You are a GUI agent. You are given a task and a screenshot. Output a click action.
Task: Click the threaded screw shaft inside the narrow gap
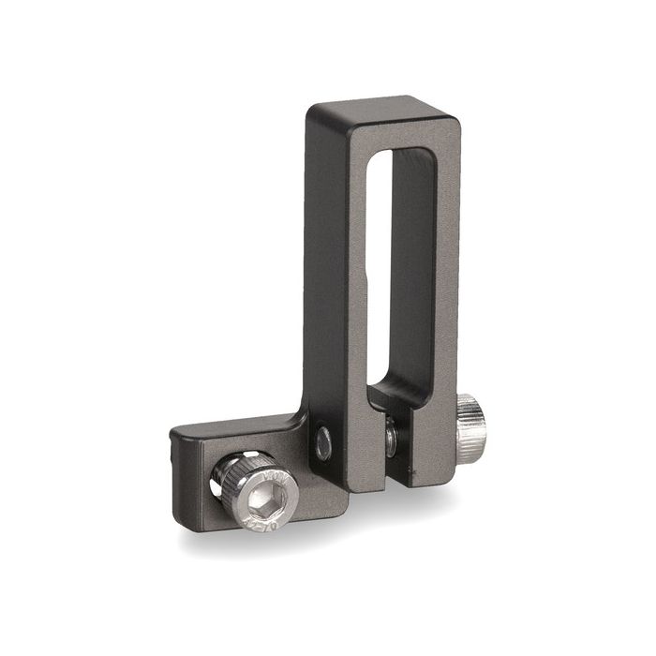coord(390,435)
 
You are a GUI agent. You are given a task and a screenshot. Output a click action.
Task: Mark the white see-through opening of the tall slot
coord(379,262)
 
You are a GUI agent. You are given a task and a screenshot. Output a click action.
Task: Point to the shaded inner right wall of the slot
coord(412,272)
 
